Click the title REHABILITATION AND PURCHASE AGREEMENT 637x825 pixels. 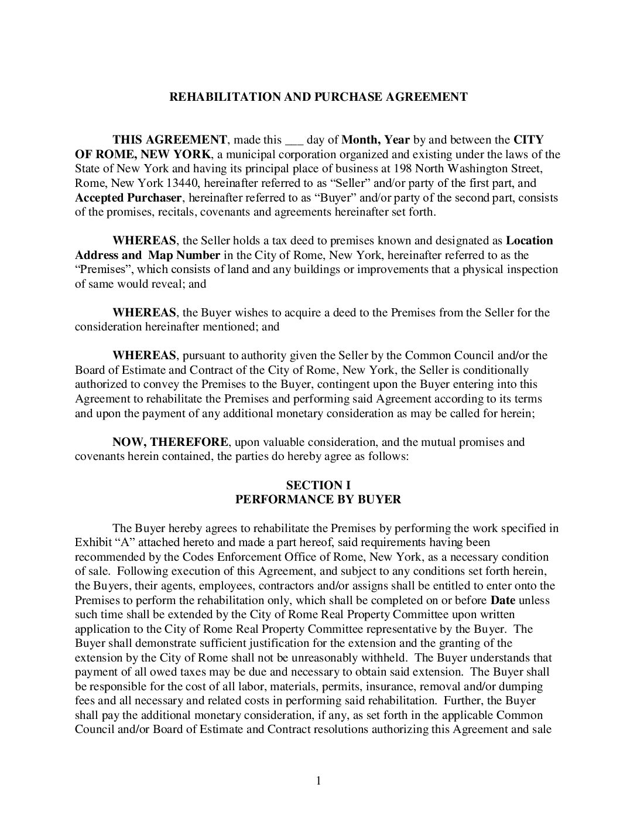pyautogui.click(x=318, y=97)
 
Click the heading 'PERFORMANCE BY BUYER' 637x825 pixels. pyautogui.click(x=318, y=500)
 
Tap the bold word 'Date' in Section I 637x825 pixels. pyautogui.click(x=502, y=600)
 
